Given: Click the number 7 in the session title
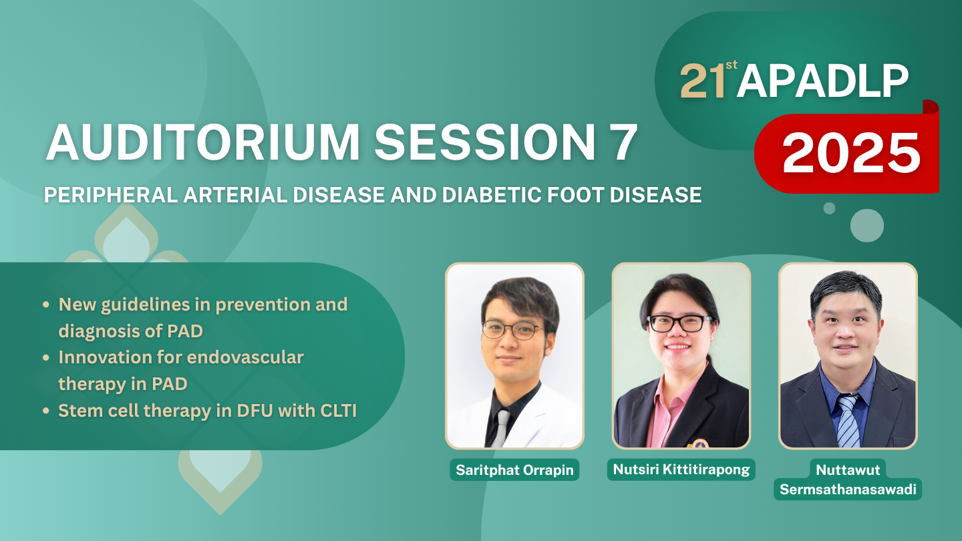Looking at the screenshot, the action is (x=619, y=142).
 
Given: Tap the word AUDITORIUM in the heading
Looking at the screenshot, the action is (x=202, y=142).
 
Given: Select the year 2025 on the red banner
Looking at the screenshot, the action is (x=851, y=152).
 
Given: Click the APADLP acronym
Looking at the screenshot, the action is (x=822, y=81).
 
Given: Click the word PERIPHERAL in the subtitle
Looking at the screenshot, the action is (x=111, y=195).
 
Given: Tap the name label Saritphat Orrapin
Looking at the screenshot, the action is (x=514, y=470).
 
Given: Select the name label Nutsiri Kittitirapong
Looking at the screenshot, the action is (x=681, y=470).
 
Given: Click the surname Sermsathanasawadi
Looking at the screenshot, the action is (x=848, y=490).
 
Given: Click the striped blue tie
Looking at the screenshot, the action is (x=848, y=421).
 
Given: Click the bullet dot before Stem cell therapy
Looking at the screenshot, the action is (x=46, y=411).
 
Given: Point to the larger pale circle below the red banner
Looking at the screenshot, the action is (x=867, y=226).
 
